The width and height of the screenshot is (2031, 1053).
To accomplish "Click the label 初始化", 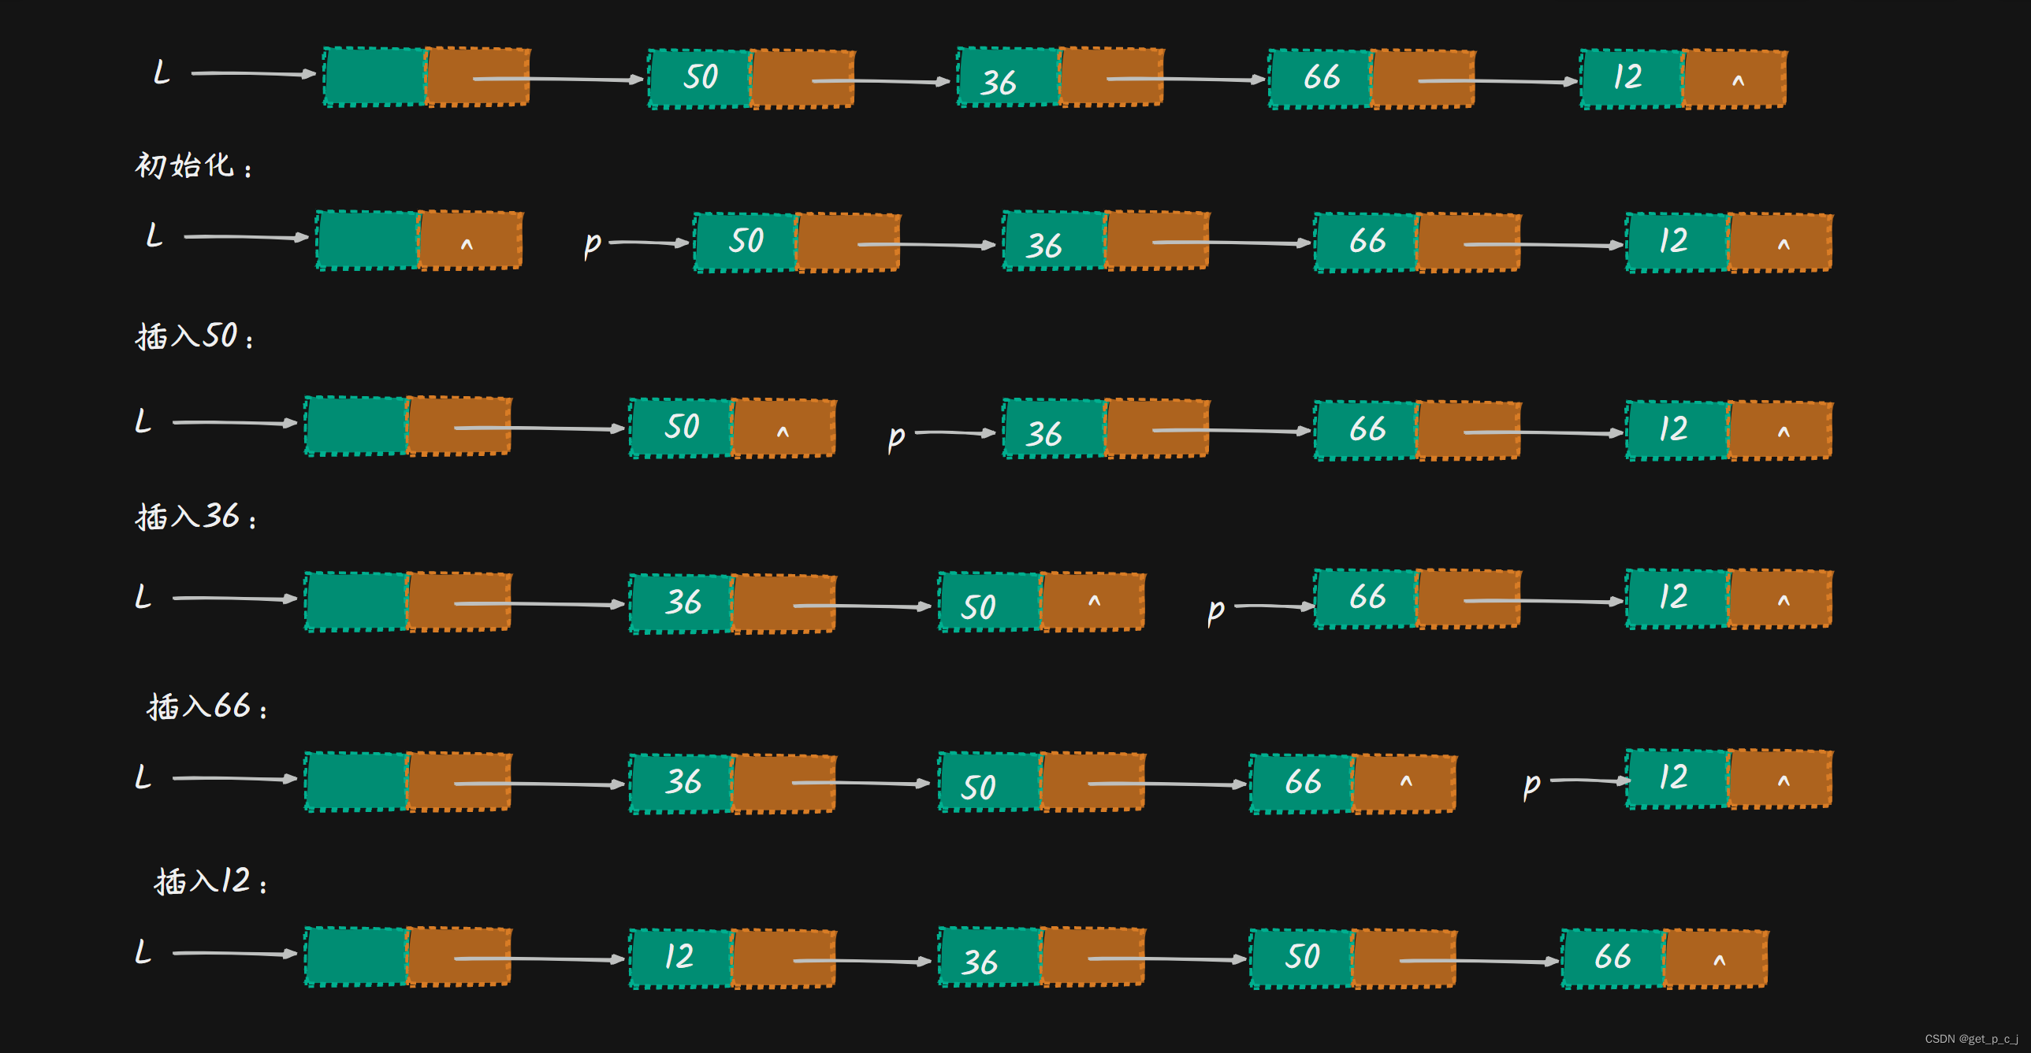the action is tap(185, 166).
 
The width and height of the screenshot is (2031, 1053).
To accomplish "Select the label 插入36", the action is tap(188, 517).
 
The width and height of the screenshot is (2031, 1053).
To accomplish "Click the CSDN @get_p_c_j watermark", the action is tap(1971, 1039).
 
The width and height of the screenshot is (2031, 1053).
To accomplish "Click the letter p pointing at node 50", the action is tap(592, 244).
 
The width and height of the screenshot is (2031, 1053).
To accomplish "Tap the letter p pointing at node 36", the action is tap(895, 436).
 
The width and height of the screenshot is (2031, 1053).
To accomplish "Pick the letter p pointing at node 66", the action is tap(1215, 611).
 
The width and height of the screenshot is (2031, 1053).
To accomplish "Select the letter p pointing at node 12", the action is tap(1531, 784).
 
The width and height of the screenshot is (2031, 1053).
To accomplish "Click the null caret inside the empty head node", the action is tap(467, 244).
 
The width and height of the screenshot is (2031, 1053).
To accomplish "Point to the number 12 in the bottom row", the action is tap(679, 957).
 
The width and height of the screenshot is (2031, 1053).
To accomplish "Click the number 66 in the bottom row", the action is tap(1613, 957).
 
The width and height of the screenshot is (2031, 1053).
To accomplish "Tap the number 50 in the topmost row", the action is tap(700, 77).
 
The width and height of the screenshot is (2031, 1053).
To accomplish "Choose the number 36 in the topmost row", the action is tap(998, 82).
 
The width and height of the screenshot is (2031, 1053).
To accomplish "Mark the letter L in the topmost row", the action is tap(162, 72).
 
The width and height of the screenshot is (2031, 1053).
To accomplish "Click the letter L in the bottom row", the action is tap(143, 952).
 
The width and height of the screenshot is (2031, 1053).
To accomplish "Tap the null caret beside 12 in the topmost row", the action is tap(1738, 80).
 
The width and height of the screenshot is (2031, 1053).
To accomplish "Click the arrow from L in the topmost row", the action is tap(252, 74).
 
